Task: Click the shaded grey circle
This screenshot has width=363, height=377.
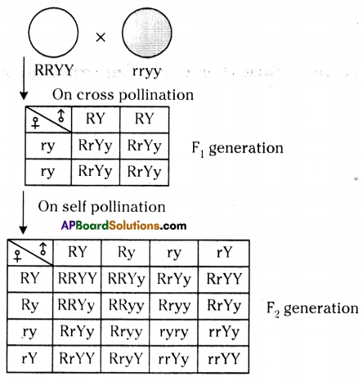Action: [147, 33]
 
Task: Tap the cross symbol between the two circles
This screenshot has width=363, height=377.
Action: [101, 38]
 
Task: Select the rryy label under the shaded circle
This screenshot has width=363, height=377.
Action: [147, 71]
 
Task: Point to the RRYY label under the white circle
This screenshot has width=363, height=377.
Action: [54, 70]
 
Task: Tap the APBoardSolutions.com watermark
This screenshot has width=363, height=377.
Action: [123, 226]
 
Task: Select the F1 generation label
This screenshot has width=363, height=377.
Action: [237, 149]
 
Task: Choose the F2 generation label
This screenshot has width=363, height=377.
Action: [312, 309]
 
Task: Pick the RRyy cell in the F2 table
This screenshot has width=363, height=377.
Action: [126, 305]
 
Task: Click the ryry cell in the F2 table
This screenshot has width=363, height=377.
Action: [174, 332]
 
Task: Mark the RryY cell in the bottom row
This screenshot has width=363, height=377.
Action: [126, 358]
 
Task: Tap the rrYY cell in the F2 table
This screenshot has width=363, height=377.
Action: [224, 358]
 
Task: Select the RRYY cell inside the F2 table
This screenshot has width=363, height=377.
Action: [78, 279]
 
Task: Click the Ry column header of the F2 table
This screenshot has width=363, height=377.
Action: [126, 253]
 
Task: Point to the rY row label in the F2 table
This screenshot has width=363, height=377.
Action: [29, 358]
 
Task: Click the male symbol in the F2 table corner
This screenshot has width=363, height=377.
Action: [43, 249]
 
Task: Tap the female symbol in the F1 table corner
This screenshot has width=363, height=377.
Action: [35, 123]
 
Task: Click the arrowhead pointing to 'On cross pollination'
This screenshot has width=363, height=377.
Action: [24, 96]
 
